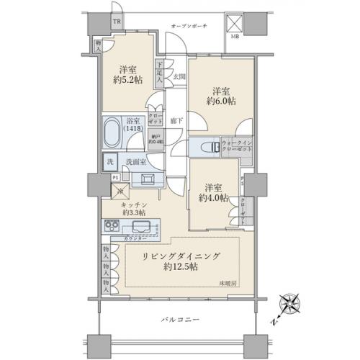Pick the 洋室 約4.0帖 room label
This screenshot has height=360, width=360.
(x=215, y=190)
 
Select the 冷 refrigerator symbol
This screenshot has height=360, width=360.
(x=120, y=192)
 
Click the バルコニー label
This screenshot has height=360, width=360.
(x=176, y=320)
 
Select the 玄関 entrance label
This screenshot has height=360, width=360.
(x=179, y=76)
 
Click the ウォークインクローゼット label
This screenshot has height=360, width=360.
(x=237, y=145)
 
